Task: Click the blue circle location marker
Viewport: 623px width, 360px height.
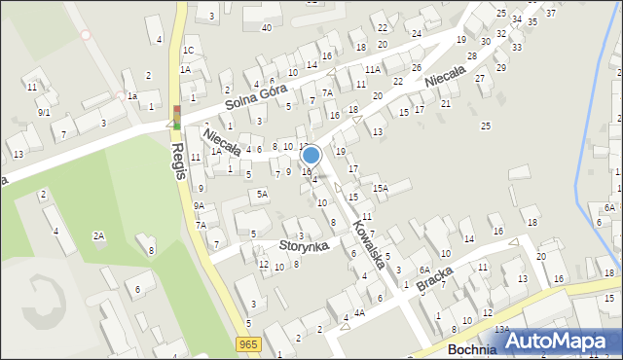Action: (311, 155)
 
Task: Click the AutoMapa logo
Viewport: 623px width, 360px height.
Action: (560, 341)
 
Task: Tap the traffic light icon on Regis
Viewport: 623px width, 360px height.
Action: (177, 117)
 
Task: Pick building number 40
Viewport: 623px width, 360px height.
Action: (266, 27)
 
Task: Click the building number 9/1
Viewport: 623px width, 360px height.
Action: (44, 112)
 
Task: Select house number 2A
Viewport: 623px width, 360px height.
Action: (98, 235)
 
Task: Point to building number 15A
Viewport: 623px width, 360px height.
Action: (380, 189)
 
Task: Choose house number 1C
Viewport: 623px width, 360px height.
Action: (189, 50)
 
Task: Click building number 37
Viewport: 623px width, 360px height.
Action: (551, 13)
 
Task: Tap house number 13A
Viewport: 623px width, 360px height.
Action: (501, 330)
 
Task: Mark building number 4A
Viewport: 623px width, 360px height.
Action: (359, 313)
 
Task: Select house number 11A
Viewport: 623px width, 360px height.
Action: (373, 70)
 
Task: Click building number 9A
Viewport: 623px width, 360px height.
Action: (199, 206)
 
